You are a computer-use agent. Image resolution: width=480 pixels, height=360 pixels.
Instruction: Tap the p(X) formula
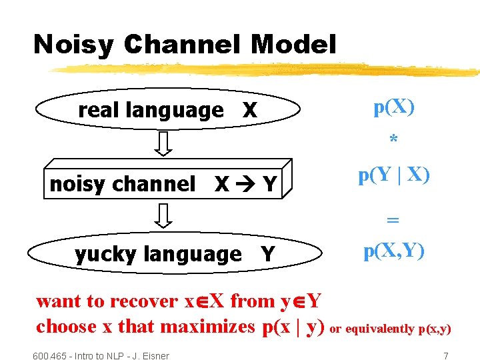point(394,107)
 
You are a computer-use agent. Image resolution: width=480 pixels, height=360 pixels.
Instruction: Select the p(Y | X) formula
point(394,175)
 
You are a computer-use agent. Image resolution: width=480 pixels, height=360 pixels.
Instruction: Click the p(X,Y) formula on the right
point(394,251)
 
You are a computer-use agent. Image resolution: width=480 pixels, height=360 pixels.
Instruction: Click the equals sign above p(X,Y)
point(393,218)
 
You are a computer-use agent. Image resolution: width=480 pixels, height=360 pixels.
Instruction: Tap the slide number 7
point(445,356)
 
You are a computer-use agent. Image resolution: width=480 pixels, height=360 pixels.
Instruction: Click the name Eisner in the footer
point(153,356)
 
